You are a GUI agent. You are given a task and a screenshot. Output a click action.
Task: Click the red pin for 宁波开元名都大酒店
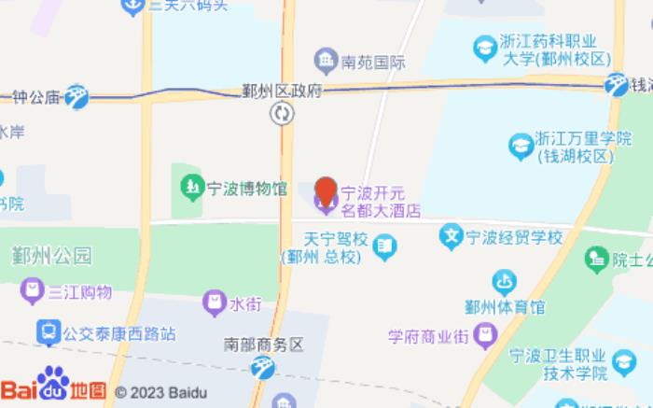tap(326, 192)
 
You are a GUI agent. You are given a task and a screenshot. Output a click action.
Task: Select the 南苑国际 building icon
tap(326, 63)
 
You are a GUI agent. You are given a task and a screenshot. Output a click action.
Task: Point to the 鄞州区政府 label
tap(281, 91)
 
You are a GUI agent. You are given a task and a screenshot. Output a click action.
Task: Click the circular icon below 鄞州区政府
tap(282, 114)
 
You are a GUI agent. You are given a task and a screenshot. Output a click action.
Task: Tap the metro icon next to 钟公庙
tap(76, 95)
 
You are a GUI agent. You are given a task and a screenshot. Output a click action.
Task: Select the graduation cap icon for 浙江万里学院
tap(520, 146)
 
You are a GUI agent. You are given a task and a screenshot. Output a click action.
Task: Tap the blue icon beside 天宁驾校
tap(384, 246)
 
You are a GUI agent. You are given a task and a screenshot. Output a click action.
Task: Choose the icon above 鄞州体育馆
tap(505, 280)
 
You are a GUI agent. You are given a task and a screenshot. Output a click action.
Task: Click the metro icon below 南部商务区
tap(264, 368)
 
